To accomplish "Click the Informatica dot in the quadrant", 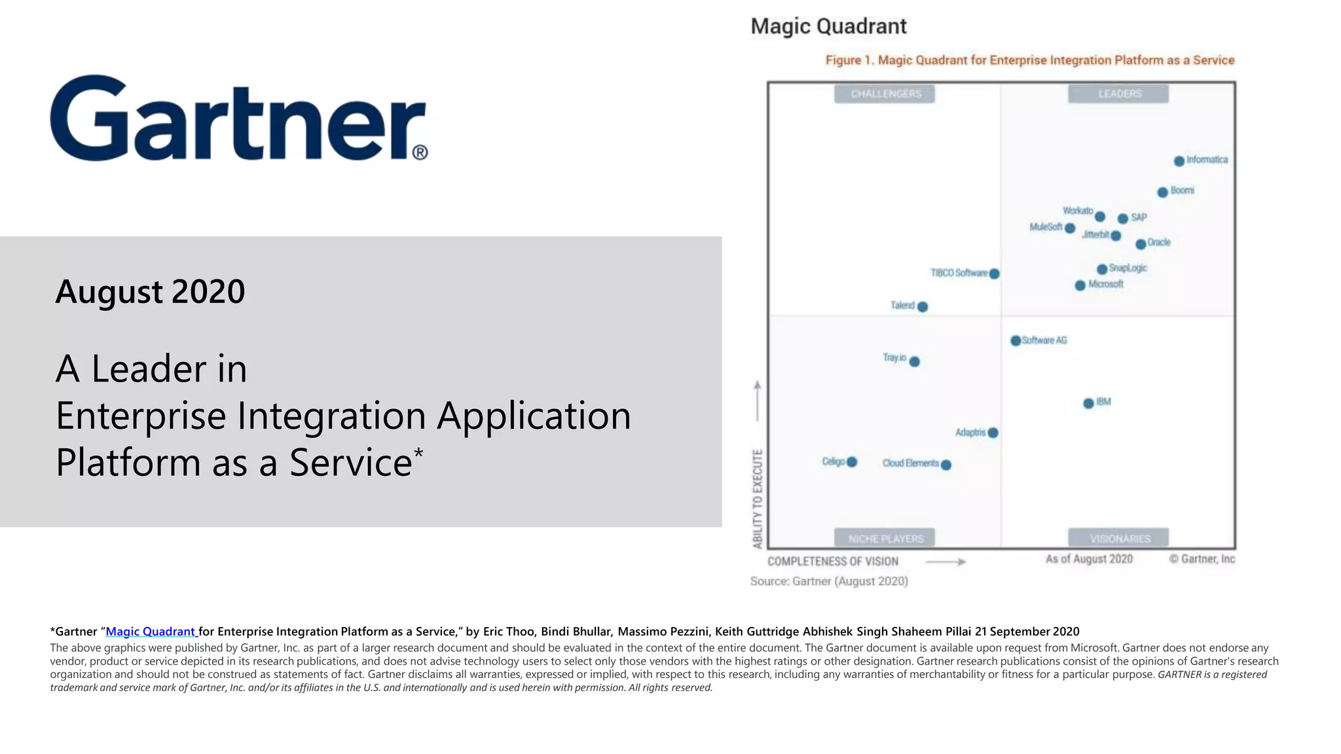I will [1179, 161].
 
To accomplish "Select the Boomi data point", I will [1162, 192].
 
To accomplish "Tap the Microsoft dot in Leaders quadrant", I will [1080, 285].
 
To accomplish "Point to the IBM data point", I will [1088, 403].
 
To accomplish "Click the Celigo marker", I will [852, 462].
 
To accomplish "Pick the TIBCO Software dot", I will [994, 274].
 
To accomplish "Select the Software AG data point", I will [1016, 341].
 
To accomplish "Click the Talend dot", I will [923, 306].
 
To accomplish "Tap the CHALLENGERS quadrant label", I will [885, 94].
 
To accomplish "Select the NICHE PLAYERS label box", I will [885, 539].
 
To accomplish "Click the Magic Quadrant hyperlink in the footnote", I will [151, 632].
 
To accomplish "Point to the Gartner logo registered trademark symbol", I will [420, 153].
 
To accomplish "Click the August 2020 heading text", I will [150, 292].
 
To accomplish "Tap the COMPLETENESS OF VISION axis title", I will [832, 562].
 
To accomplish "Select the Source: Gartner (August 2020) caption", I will [829, 581].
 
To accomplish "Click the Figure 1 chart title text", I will [1029, 60].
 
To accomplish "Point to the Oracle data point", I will [1141, 244].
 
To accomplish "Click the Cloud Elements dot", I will [946, 465].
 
